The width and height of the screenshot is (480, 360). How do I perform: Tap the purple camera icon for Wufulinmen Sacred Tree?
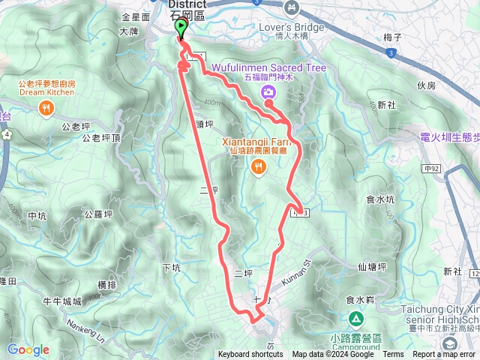tap(268, 92)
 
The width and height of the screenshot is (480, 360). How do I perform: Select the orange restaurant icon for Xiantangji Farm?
tap(259, 167)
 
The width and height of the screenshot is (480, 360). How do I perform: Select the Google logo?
tap(28, 349)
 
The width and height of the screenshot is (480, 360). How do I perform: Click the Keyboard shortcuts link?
tap(250, 355)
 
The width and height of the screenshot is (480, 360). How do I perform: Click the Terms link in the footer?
tap(393, 355)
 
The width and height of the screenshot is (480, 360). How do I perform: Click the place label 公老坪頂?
tap(101, 138)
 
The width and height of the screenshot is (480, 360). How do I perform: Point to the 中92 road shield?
tap(430, 169)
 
